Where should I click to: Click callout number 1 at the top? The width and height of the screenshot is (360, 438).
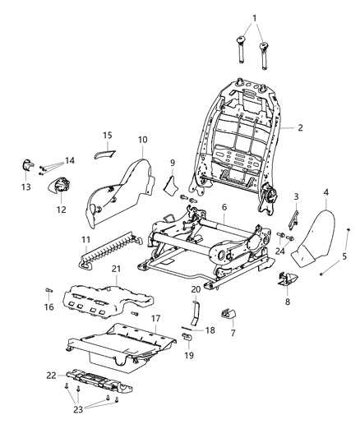pos(254,17)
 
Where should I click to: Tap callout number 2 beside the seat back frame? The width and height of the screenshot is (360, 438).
pos(301,128)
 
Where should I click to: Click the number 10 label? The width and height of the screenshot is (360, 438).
pos(142,141)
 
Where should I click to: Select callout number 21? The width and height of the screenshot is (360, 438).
pos(116,270)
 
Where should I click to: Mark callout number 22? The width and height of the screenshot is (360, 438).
pos(52,375)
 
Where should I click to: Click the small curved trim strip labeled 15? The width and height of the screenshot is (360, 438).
pos(104,149)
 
